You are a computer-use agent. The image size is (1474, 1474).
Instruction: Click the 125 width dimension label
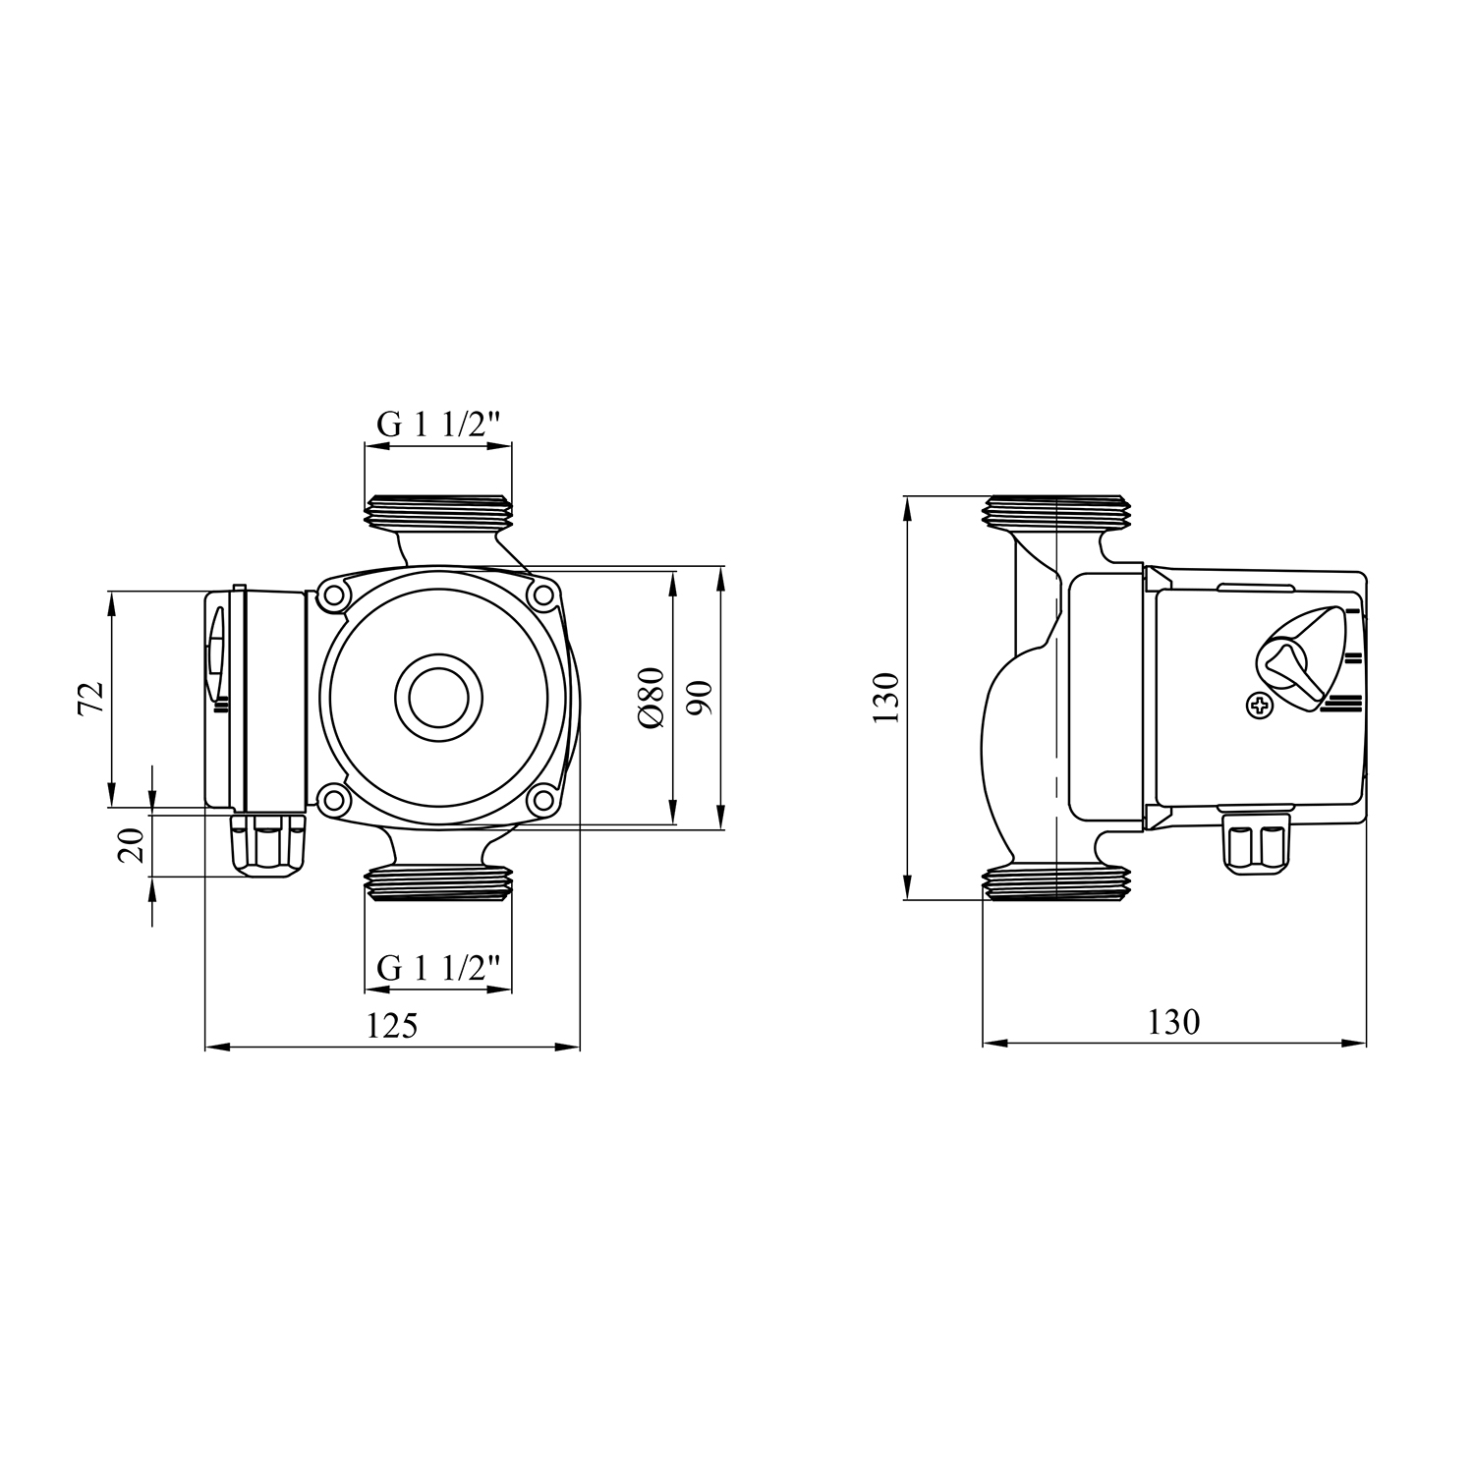pyautogui.click(x=392, y=1026)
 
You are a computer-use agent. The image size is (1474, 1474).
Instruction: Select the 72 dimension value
pyautogui.click(x=90, y=698)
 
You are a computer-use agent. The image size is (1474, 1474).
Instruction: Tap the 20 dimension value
pyautogui.click(x=132, y=844)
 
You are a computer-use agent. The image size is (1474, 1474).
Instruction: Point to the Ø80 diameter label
pyautogui.click(x=652, y=698)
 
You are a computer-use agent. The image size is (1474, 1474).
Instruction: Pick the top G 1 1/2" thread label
pyautogui.click(x=438, y=425)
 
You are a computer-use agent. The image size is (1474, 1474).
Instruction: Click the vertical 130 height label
pyautogui.click(x=885, y=698)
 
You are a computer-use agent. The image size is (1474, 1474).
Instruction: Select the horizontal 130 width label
pyautogui.click(x=1173, y=1022)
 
